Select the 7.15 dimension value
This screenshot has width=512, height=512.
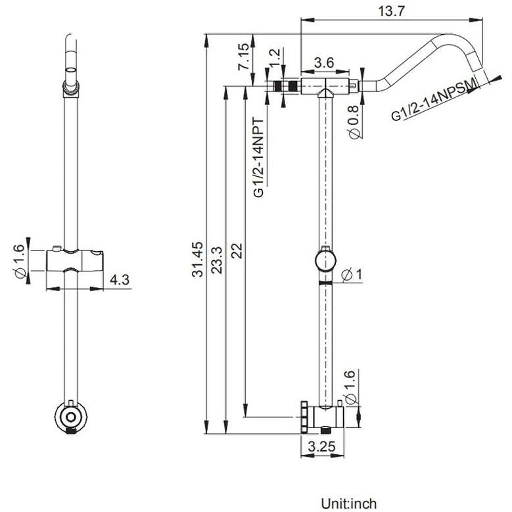tap(244, 57)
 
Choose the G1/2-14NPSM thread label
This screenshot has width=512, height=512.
tap(433, 104)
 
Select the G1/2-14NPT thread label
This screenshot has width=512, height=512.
tap(258, 157)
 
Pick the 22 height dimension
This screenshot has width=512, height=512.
tap(237, 251)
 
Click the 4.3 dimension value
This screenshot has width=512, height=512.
tap(119, 281)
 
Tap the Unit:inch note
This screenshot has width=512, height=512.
tap(349, 503)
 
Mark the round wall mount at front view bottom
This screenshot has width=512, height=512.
tap(70, 415)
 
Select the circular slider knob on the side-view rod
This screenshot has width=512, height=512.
tap(323, 260)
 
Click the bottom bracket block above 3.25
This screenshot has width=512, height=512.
tap(325, 417)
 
